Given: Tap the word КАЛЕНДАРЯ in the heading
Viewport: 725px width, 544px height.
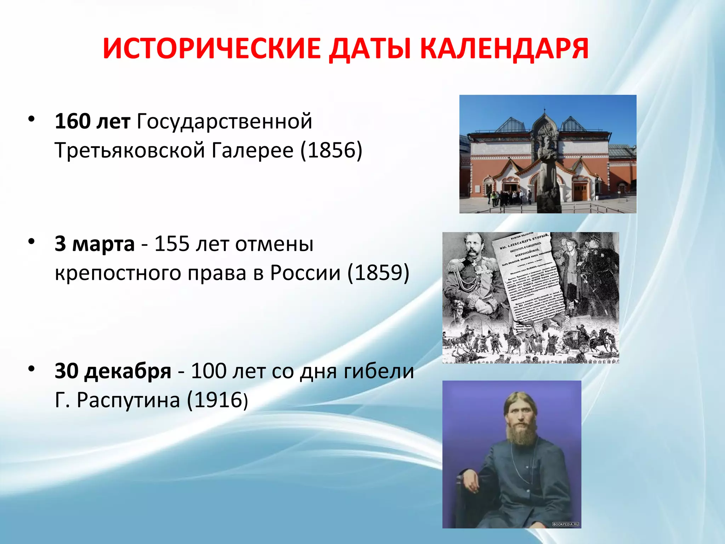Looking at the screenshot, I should pos(504,49).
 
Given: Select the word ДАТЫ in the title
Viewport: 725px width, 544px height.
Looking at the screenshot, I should pos(370,49).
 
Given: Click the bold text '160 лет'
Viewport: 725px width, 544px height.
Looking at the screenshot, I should pos(92,121).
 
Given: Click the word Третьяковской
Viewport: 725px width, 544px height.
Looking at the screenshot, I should pos(130,150).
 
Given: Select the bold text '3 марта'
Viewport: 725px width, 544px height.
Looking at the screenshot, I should pos(95,244).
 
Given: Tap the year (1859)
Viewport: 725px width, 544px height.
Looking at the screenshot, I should pos(378,273).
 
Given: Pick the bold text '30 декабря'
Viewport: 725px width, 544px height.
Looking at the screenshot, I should pos(113,371).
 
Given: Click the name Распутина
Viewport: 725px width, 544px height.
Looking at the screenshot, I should pos(128,401).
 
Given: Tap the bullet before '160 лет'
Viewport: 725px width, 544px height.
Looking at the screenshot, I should pos(32,119).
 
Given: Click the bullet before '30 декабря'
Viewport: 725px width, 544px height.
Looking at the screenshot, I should pos(32,369).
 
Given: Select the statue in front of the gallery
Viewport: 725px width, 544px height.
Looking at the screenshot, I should pos(547,170).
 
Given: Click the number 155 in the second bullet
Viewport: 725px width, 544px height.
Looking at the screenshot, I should pos(172,244).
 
